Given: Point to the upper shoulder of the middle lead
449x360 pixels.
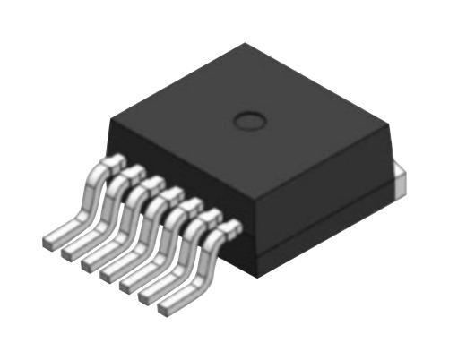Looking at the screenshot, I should coord(170,193).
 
